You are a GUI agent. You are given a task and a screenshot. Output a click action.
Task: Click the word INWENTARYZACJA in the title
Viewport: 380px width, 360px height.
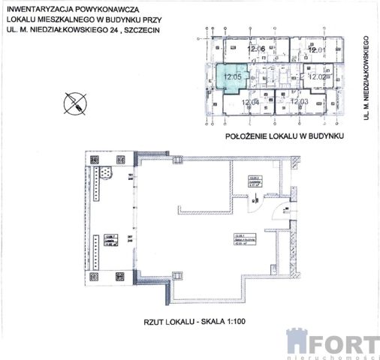(x=38, y=11)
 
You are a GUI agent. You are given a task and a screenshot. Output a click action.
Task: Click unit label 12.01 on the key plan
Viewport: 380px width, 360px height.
(x=316, y=50)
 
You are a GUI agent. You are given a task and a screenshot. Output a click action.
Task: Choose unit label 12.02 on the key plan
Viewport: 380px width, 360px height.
(x=316, y=76)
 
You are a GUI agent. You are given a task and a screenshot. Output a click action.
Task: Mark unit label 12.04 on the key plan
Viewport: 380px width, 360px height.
(x=250, y=101)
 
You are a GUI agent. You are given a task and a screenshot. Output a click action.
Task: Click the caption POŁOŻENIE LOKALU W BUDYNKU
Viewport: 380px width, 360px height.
(x=284, y=136)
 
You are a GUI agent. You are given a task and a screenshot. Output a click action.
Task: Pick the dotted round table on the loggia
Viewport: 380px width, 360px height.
(x=108, y=173)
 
